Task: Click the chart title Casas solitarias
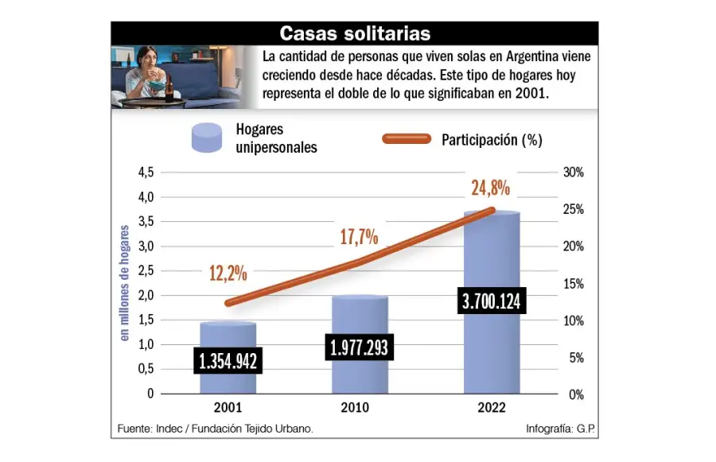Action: coord(355,33)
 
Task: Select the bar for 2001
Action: coord(228,338)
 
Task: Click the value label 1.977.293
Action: coord(360,347)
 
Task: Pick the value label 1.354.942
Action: coord(228,361)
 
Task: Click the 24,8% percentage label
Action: coord(490,189)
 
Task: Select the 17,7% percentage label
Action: coord(359,236)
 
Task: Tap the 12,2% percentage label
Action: coord(228,274)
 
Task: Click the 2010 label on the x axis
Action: coord(360,409)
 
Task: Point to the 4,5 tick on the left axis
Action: coord(146,173)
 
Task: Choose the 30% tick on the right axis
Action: coord(573,173)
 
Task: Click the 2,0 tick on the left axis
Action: coord(146,295)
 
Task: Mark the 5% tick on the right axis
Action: coord(575,358)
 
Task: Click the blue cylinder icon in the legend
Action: coord(207,138)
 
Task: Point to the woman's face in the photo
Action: coord(146,60)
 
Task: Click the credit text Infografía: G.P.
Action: coord(560,429)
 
